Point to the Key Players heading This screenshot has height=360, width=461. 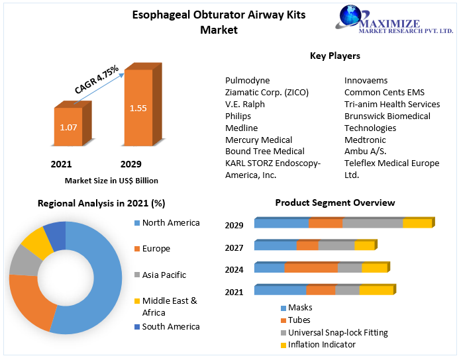tap(334, 56)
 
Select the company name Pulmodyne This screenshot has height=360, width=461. tap(247, 80)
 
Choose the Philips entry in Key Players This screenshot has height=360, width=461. tap(238, 116)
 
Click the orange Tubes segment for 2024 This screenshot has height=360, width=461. tap(311, 268)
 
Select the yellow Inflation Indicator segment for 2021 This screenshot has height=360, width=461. tap(376, 291)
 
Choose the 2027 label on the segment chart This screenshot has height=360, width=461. tap(234, 247)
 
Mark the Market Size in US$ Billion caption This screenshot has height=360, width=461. tap(111, 180)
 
